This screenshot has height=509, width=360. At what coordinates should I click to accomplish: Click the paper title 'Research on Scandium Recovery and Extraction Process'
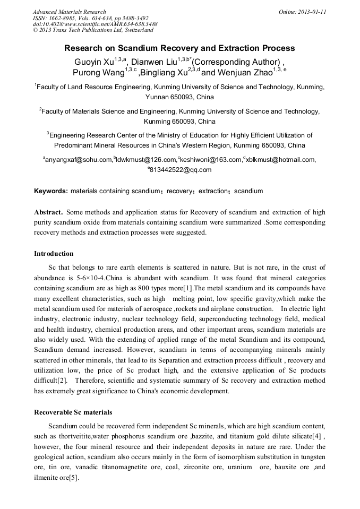pyautogui.click(x=179, y=48)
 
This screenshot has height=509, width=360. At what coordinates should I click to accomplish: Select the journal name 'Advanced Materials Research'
pyautogui.click(x=69, y=12)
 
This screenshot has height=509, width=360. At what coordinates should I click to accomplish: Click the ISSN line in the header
pyautogui.click(x=91, y=18)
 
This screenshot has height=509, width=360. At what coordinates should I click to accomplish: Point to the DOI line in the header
pyautogui.click(x=95, y=24)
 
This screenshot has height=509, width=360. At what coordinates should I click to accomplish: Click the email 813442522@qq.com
pyautogui.click(x=181, y=170)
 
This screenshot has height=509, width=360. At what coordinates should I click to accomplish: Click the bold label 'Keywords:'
pyautogui.click(x=51, y=191)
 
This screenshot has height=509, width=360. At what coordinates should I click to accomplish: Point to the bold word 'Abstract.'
pyautogui.click(x=49, y=212)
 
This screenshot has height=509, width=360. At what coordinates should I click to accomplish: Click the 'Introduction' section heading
pyautogui.click(x=54, y=253)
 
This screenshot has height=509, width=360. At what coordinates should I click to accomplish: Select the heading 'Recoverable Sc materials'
pyautogui.click(x=73, y=412)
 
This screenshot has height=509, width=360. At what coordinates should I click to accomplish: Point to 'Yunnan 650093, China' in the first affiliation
pyautogui.click(x=179, y=97)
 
